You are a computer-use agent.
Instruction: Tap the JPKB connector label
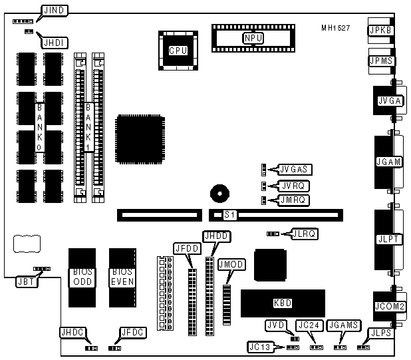point(382,30)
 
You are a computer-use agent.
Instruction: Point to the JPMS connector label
point(382,61)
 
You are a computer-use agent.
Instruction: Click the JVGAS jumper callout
point(293,170)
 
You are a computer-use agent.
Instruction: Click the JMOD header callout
point(231,264)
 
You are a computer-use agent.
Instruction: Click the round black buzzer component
point(219,194)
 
